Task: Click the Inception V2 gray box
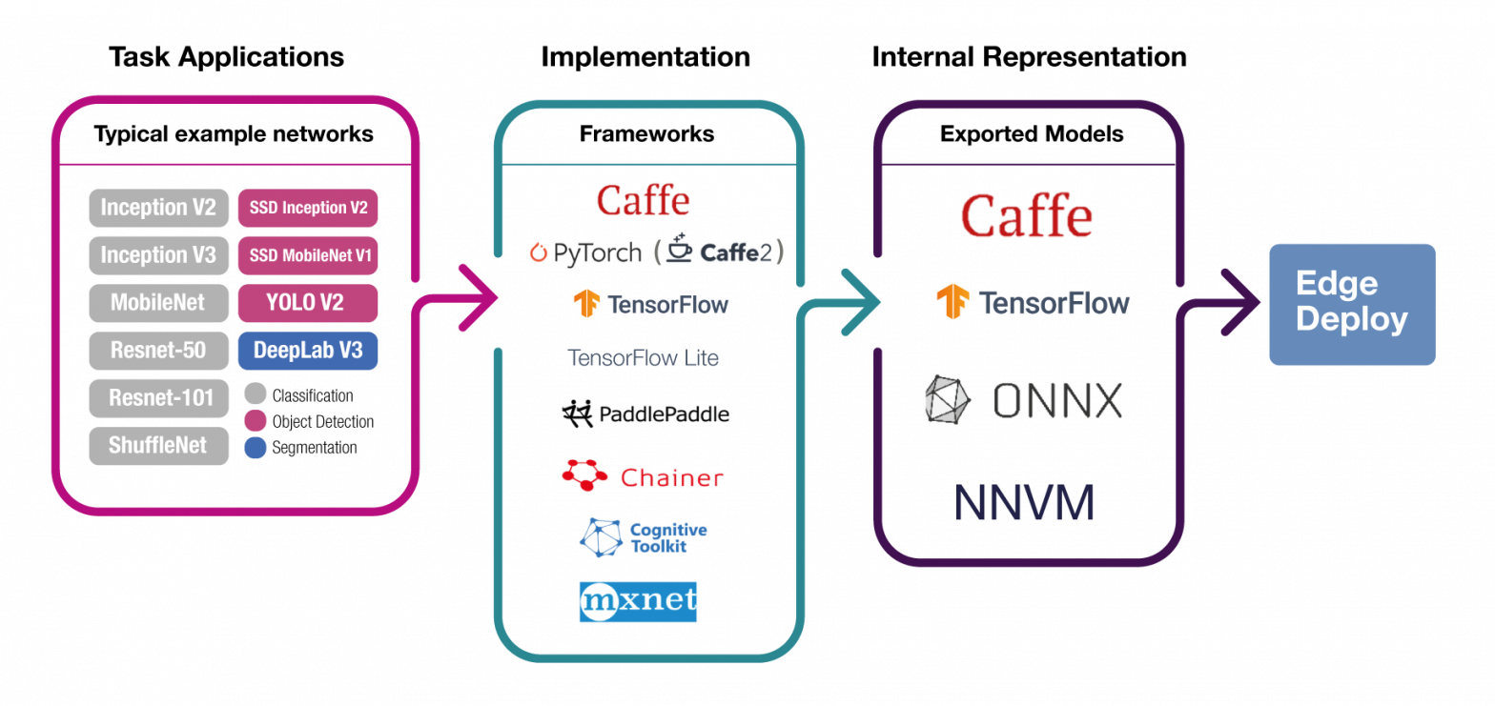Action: [x=158, y=208]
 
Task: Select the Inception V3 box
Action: [x=158, y=255]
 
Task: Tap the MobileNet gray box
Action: [x=158, y=303]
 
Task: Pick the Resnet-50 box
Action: [x=158, y=351]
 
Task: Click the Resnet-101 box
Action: [x=158, y=398]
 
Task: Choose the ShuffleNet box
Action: [x=158, y=446]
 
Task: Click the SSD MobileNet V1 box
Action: [x=308, y=255]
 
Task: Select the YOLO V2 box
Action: [x=308, y=303]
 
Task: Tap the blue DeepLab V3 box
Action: [x=308, y=351]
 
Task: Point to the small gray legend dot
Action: [x=256, y=393]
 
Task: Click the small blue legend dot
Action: [x=256, y=448]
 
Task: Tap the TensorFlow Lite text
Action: [x=643, y=358]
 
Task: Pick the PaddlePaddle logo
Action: [x=645, y=414]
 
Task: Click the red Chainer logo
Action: [x=643, y=476]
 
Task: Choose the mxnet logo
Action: [x=638, y=602]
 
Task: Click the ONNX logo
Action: [x=1023, y=400]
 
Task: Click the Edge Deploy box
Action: [x=1351, y=304]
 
